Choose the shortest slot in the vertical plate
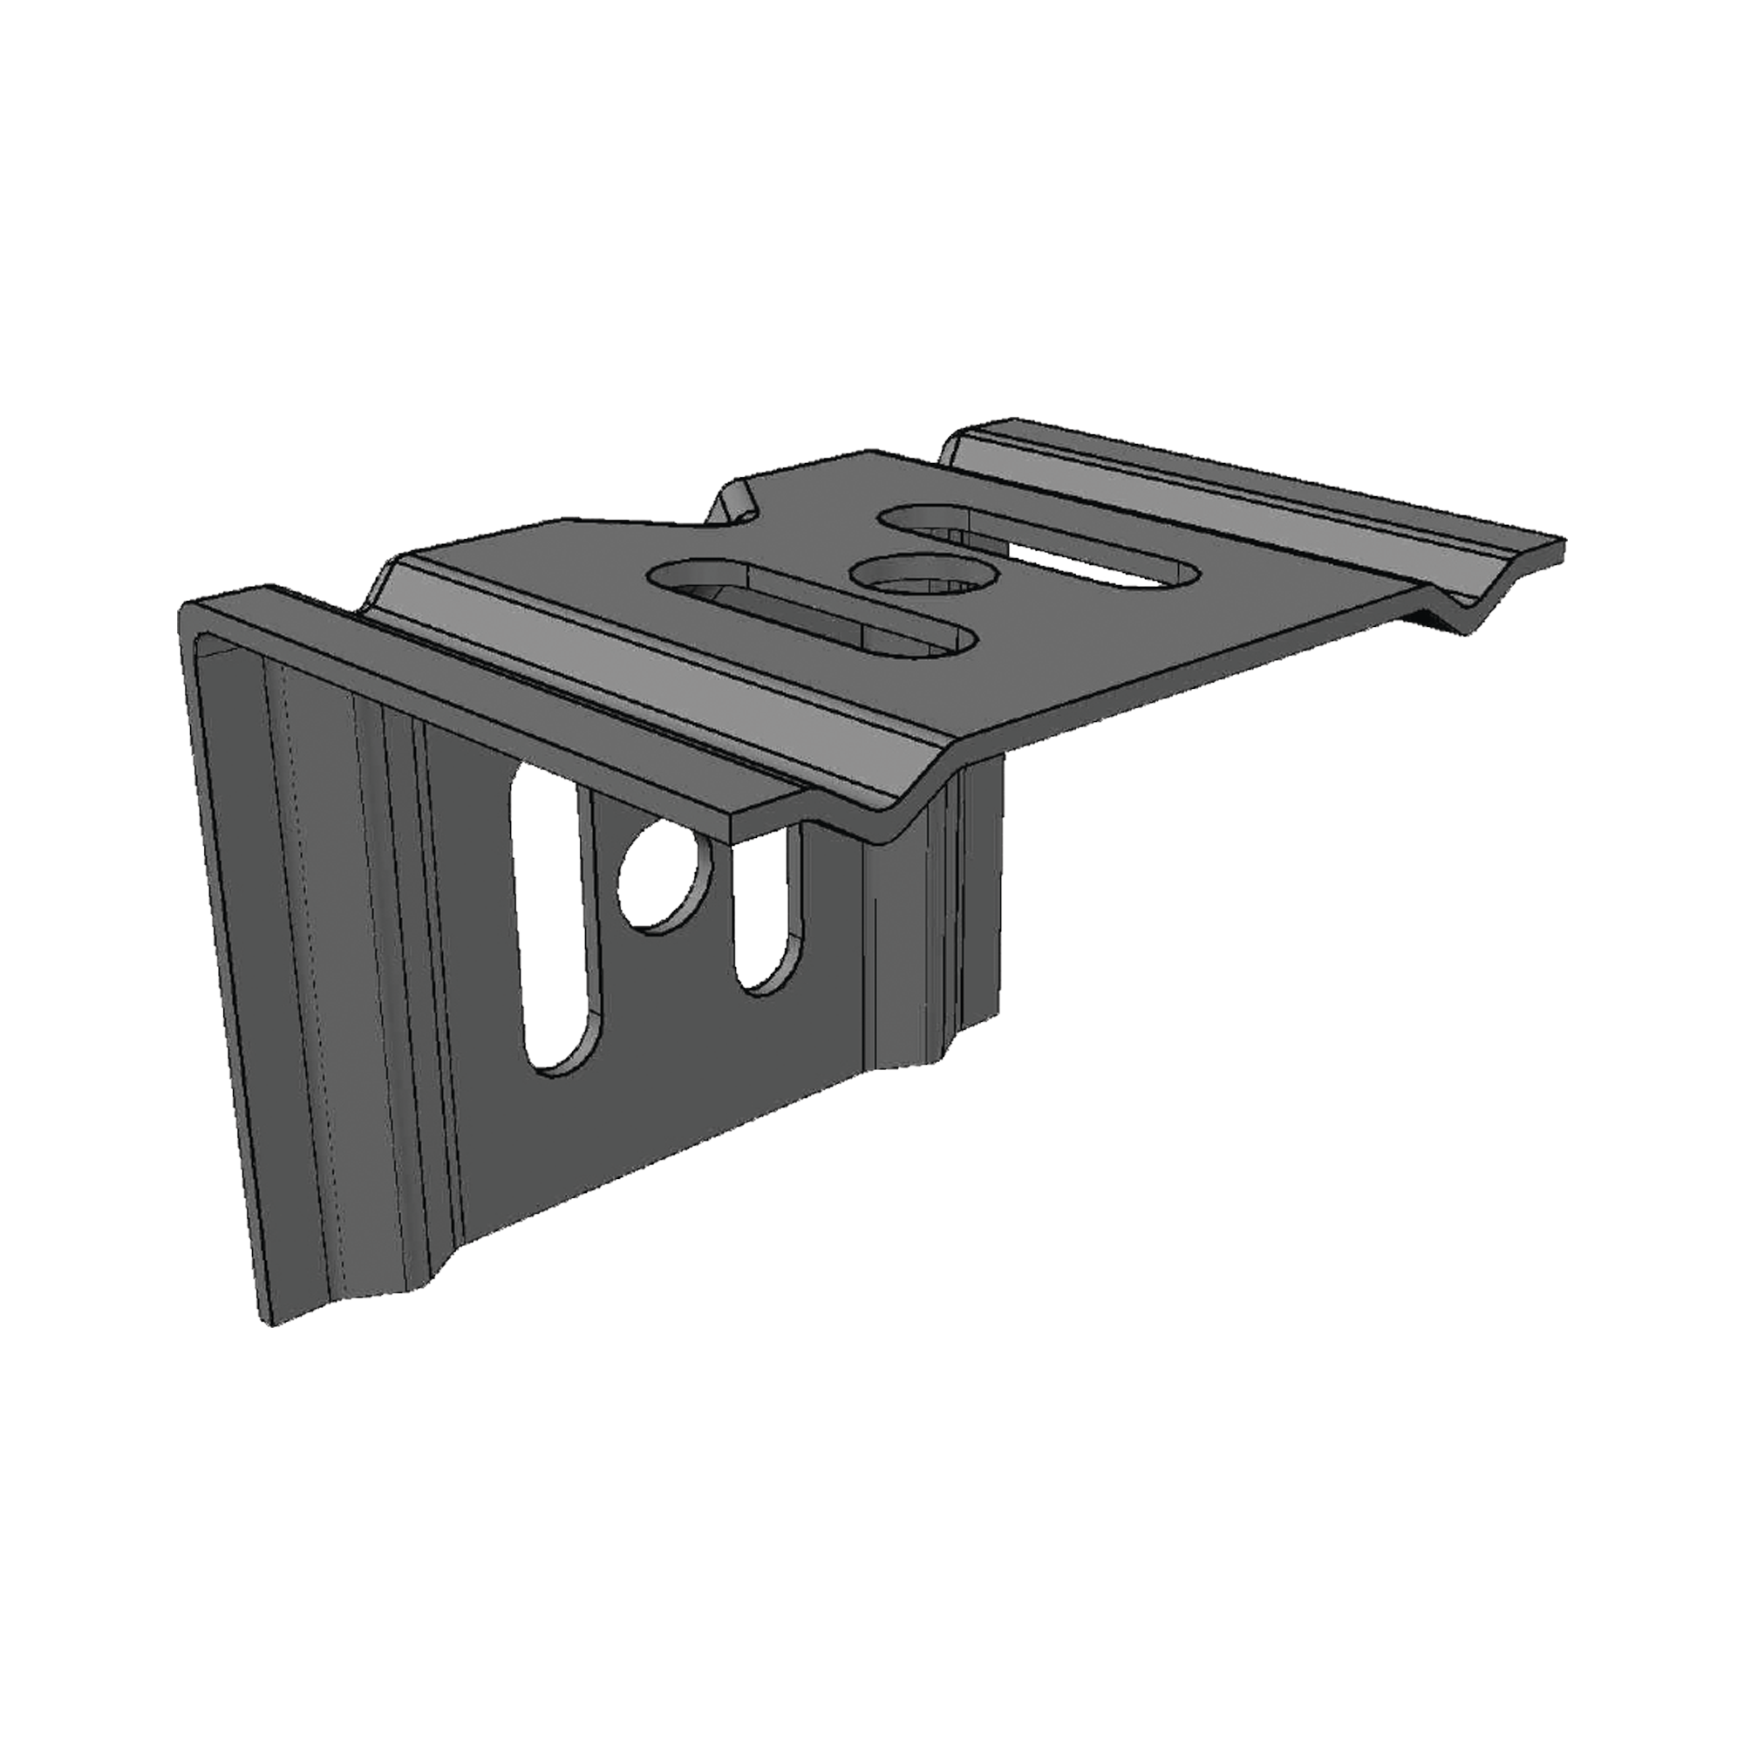pos(768,912)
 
